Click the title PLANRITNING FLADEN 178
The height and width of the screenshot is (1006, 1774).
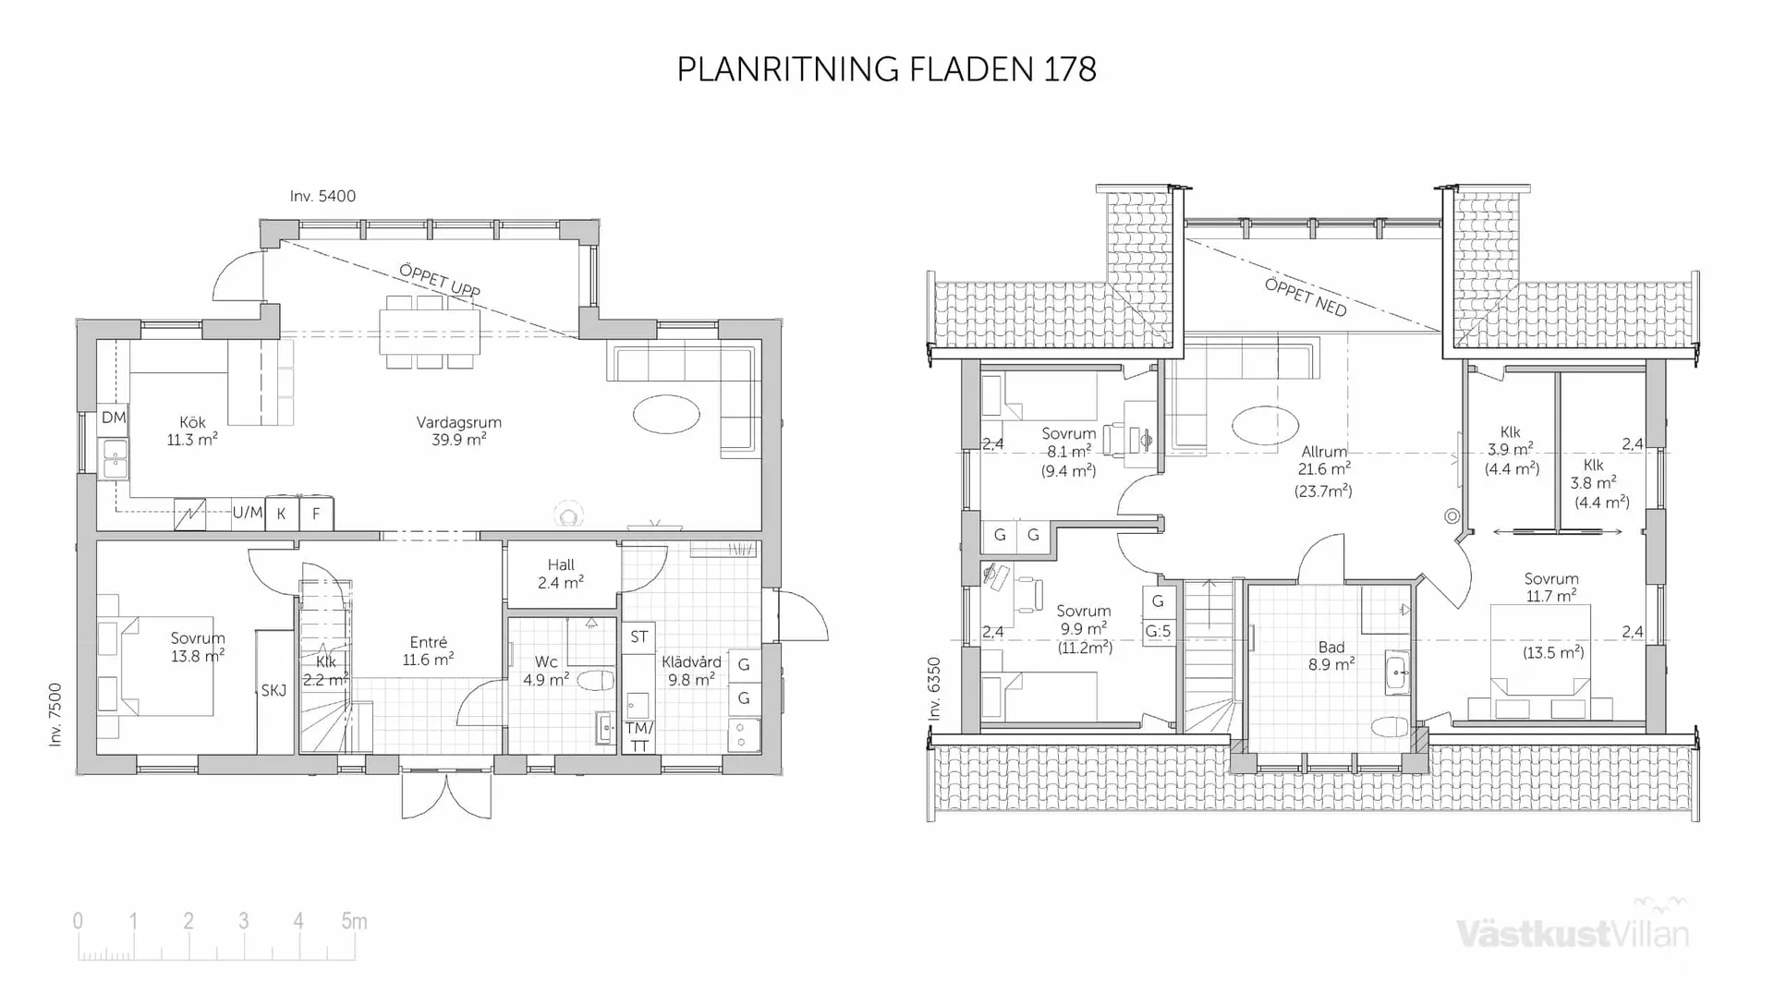point(886,69)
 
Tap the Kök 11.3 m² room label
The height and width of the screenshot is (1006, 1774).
point(192,431)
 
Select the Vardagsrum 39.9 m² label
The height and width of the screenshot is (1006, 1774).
point(458,430)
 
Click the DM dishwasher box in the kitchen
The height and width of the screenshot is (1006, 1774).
point(114,418)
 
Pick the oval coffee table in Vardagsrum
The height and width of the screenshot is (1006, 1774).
point(666,414)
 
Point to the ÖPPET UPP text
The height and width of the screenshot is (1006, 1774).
point(439,280)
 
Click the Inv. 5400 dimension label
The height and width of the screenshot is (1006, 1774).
point(322,196)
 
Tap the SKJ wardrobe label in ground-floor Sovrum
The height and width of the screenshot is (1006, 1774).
point(273,690)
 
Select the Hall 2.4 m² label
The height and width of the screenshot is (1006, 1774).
point(561,574)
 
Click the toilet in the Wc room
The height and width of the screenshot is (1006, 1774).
point(595,682)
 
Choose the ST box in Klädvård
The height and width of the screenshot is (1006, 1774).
point(638,636)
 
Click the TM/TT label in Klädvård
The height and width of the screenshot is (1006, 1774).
point(638,736)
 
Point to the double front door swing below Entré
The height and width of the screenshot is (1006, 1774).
point(446,796)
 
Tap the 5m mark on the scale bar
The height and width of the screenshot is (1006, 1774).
point(354,921)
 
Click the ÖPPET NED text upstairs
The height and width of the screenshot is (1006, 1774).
point(1305,297)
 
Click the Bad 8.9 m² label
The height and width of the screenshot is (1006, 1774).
point(1331,655)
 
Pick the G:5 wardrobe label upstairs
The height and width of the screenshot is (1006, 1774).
point(1158,632)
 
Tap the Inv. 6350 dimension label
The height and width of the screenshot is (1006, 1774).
point(934,688)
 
